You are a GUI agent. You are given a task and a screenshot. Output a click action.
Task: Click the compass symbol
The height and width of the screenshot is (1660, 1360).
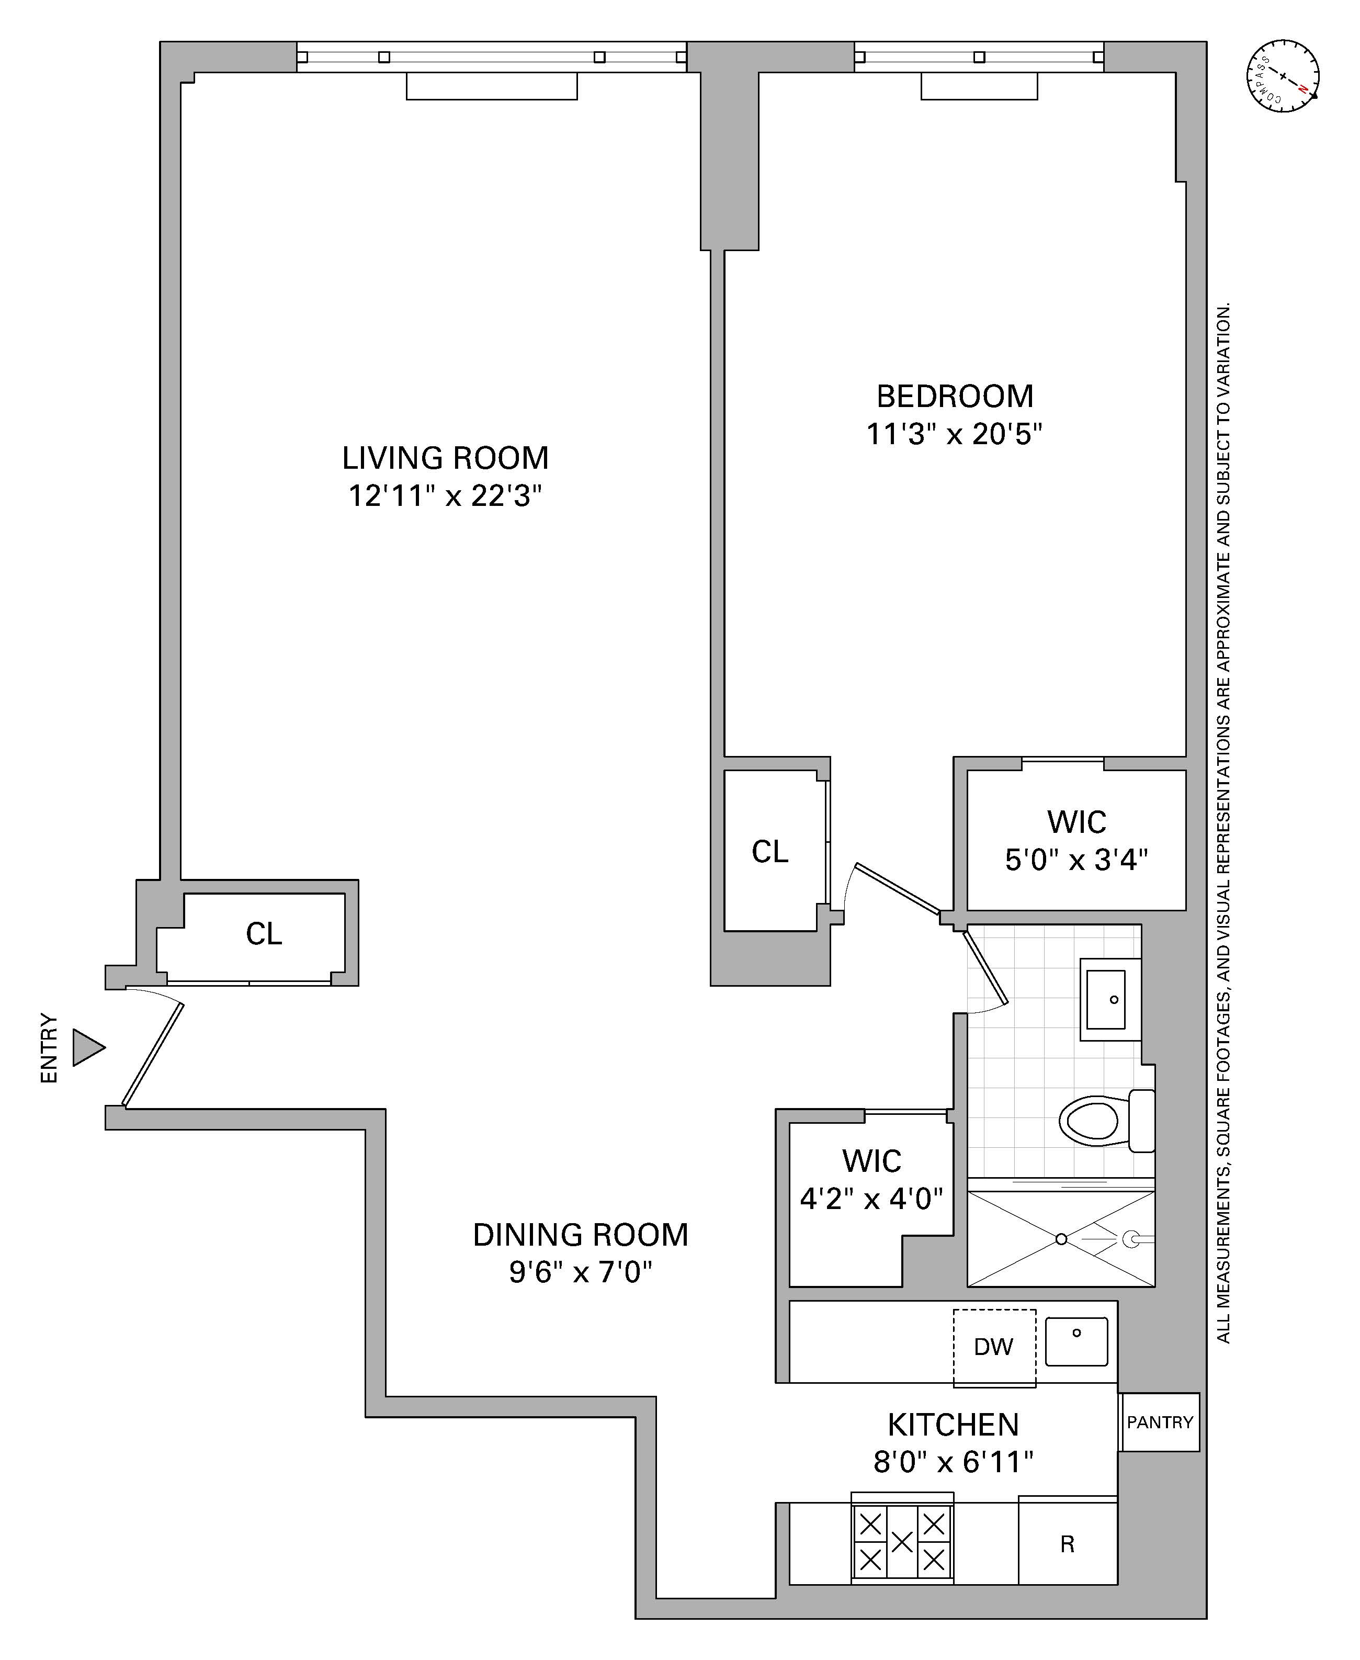pos(1283,76)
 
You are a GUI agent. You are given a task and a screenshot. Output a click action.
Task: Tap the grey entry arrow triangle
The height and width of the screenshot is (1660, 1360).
pos(87,1047)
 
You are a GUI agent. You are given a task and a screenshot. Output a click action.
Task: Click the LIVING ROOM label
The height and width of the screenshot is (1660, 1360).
pos(445,458)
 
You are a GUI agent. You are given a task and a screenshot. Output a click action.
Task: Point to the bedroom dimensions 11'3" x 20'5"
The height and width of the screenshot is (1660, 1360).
pos(954,434)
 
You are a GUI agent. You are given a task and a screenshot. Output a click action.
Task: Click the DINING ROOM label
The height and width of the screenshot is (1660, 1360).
pos(581,1235)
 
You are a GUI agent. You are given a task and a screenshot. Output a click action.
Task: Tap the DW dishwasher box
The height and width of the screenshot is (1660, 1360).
pos(993,1347)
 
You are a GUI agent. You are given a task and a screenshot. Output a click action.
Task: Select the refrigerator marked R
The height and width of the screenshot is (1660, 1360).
pos(1067,1544)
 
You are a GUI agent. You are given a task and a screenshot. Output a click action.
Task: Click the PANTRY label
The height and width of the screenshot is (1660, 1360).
pos(1160,1422)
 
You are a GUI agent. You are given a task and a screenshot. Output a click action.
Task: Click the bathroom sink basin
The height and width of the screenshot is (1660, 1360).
pos(1106,1000)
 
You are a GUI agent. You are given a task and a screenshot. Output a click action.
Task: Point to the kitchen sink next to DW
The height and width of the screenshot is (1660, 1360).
pos(1076,1341)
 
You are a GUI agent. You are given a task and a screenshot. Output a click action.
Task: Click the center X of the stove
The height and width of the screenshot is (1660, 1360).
pos(902,1542)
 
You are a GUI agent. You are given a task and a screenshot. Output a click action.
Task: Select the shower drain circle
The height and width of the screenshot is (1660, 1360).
pos(1061,1239)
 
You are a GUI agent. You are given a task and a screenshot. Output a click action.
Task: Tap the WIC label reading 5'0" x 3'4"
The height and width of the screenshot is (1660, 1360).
pos(1076,860)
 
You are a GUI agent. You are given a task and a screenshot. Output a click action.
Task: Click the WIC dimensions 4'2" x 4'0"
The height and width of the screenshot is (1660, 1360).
pos(871,1199)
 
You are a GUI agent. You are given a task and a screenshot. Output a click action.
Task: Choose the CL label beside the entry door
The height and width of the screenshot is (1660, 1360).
pos(264,934)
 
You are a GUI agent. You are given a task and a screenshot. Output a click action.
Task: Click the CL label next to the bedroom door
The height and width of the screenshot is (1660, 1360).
pos(769,852)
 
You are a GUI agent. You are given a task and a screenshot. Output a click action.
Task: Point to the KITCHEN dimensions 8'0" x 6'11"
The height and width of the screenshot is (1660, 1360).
pos(954,1462)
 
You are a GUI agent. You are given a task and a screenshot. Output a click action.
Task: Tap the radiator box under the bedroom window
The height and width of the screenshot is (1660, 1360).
pos(979,86)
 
